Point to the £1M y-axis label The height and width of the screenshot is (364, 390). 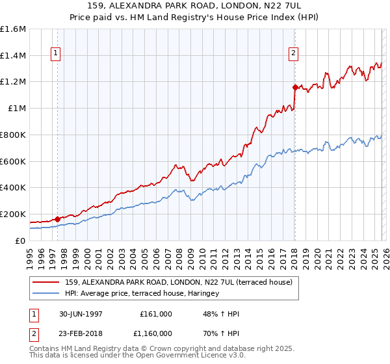(x=17, y=109)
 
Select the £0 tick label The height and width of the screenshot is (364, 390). (x=21, y=240)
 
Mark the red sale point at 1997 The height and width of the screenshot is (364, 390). (x=58, y=219)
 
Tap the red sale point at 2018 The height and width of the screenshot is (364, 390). (x=295, y=87)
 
